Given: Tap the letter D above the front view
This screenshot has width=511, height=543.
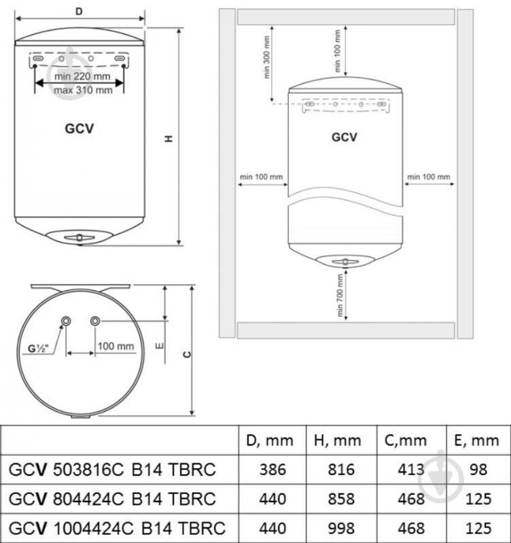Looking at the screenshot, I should pos(79,12).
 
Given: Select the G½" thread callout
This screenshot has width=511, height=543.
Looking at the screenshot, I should pos(39,350).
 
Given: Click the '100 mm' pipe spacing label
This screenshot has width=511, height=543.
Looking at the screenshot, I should pos(116,346).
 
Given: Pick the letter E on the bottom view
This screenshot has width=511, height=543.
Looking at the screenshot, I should pos(158,347).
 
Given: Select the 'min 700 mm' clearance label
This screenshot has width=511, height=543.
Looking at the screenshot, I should pos(338,295).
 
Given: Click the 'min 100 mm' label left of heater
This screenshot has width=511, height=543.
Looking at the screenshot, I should pos(261,177).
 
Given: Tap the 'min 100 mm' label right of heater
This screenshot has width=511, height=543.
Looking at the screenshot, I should pos(428,177).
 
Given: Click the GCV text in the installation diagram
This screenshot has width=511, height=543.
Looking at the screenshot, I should pos(344,137).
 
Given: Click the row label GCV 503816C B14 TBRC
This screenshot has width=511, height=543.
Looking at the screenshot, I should pos(112,470).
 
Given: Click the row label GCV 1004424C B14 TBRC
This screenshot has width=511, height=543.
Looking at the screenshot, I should pos(117,527).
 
